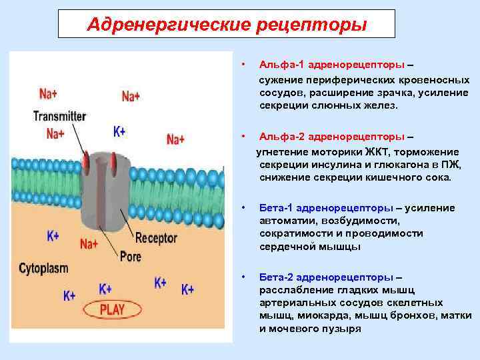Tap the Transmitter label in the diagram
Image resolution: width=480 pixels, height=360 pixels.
(59, 115)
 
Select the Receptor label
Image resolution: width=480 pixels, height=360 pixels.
(156, 237)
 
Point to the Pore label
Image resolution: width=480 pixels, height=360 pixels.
(131, 254)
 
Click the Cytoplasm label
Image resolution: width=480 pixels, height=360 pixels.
(43, 269)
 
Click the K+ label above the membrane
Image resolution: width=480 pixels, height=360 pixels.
(119, 131)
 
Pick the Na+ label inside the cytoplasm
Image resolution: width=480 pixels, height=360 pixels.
(89, 244)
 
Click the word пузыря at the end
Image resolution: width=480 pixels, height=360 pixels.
(340, 329)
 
